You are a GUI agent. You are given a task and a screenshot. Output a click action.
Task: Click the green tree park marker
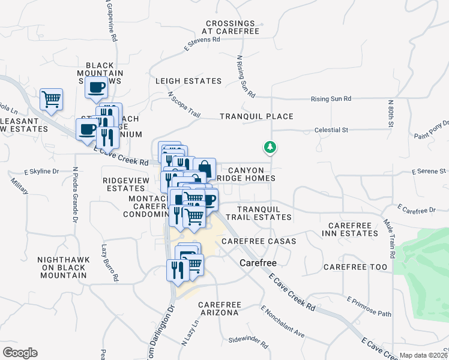270,147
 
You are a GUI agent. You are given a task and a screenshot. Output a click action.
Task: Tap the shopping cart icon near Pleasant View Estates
51,99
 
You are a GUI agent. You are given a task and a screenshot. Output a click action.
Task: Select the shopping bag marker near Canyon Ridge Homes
204,168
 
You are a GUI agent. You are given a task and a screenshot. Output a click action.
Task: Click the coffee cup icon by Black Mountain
95,87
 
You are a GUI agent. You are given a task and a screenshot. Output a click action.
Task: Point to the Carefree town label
258,263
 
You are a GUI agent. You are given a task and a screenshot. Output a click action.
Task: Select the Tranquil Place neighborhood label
256,116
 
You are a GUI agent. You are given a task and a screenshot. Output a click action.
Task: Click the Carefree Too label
355,266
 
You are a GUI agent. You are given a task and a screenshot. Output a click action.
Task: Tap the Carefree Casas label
259,241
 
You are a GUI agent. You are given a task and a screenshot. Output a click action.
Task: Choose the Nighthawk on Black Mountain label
63,267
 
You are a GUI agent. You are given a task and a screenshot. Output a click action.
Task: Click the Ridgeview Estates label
124,184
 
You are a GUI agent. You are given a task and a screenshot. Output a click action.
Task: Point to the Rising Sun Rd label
331,99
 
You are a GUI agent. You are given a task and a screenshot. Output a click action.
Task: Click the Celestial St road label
331,130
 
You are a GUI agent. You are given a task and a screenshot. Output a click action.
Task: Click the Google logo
20,353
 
